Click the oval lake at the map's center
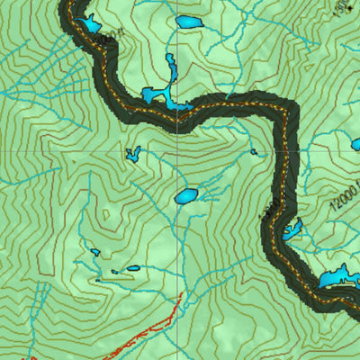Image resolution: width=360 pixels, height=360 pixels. pos(185,195)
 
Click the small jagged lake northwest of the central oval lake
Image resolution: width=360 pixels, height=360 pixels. pos(133,154)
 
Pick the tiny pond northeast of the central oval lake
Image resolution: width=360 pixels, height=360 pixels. pos(255,152)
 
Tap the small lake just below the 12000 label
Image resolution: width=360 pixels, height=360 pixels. pos(292,229)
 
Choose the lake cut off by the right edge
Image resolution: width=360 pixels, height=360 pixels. pos(355,144)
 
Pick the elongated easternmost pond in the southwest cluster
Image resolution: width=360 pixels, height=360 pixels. pos(132,267)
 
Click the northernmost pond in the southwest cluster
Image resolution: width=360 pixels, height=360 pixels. pos(94,253)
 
